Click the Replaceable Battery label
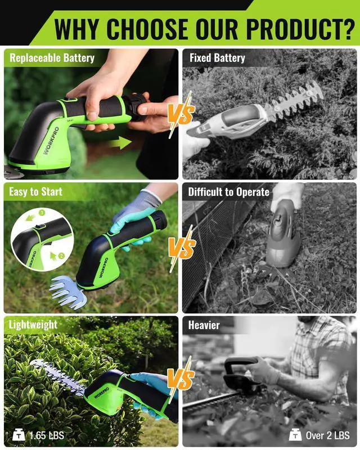tap(52, 57)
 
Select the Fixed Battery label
tap(217, 57)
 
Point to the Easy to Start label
tap(35, 192)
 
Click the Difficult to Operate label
tap(228, 192)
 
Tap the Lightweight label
tap(33, 325)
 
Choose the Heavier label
tap(204, 325)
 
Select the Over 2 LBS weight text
tap(328, 435)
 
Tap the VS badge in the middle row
tap(181, 247)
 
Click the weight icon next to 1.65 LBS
tap(18, 435)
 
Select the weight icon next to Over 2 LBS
tap(295, 435)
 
